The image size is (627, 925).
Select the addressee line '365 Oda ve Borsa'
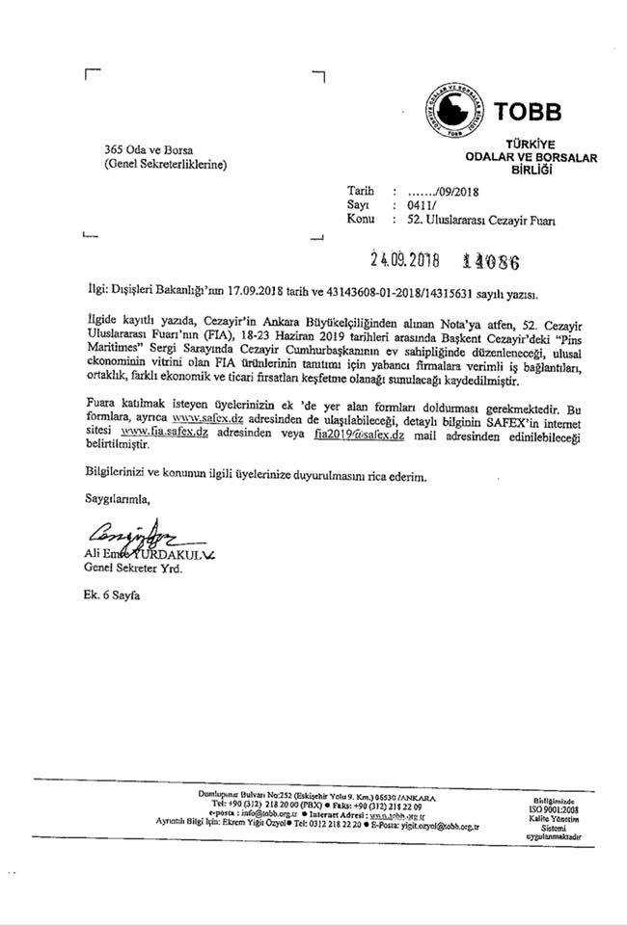[149, 150]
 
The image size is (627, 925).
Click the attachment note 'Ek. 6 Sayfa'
[111, 596]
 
